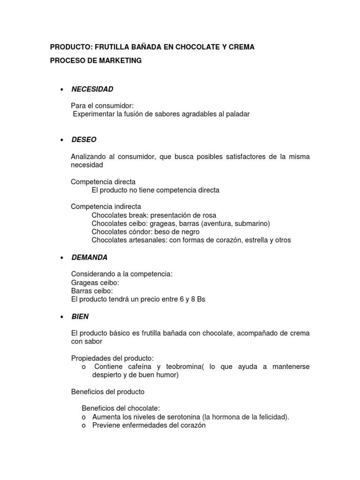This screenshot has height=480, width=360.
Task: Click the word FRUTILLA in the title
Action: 109,47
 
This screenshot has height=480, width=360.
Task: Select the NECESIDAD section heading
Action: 92,89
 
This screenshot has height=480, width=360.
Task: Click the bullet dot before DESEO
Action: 61,140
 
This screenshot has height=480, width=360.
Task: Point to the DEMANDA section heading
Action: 90,257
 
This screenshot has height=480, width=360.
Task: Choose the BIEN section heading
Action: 80,316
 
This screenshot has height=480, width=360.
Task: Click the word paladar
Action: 237,114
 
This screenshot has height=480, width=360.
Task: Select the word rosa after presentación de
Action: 209,215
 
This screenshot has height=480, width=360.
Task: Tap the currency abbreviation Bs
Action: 201,299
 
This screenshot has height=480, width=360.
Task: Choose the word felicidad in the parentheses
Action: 273,417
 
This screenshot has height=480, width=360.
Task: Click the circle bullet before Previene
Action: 84,426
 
